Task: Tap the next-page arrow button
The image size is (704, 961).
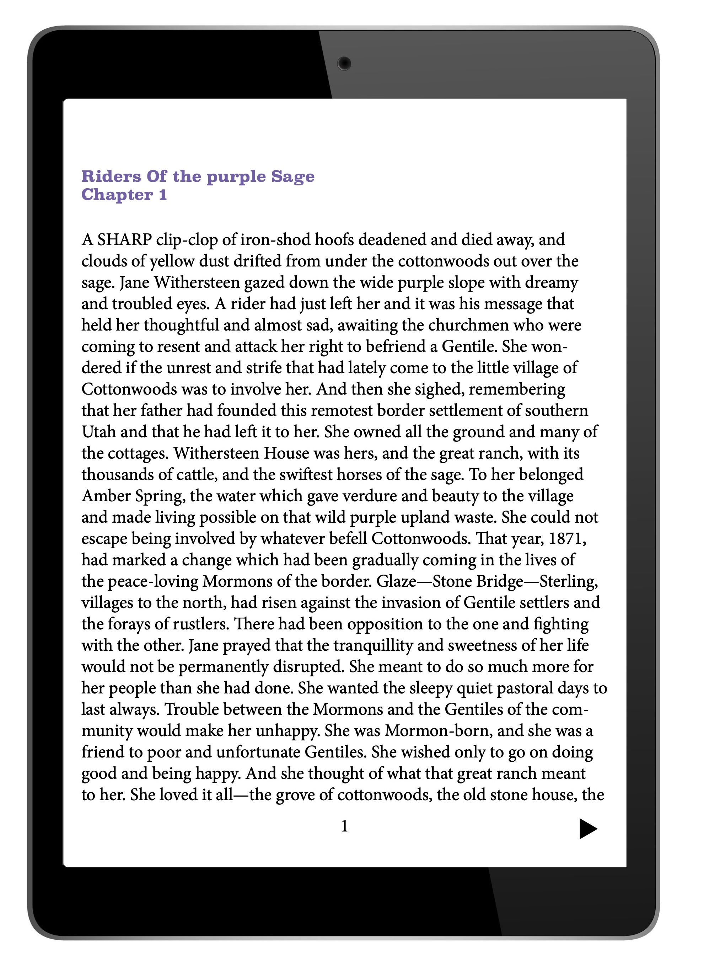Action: pos(588,828)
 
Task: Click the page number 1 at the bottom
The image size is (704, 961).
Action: pos(345,826)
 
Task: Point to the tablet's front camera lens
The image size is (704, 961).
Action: pos(344,64)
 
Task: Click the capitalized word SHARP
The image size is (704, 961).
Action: pos(124,240)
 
